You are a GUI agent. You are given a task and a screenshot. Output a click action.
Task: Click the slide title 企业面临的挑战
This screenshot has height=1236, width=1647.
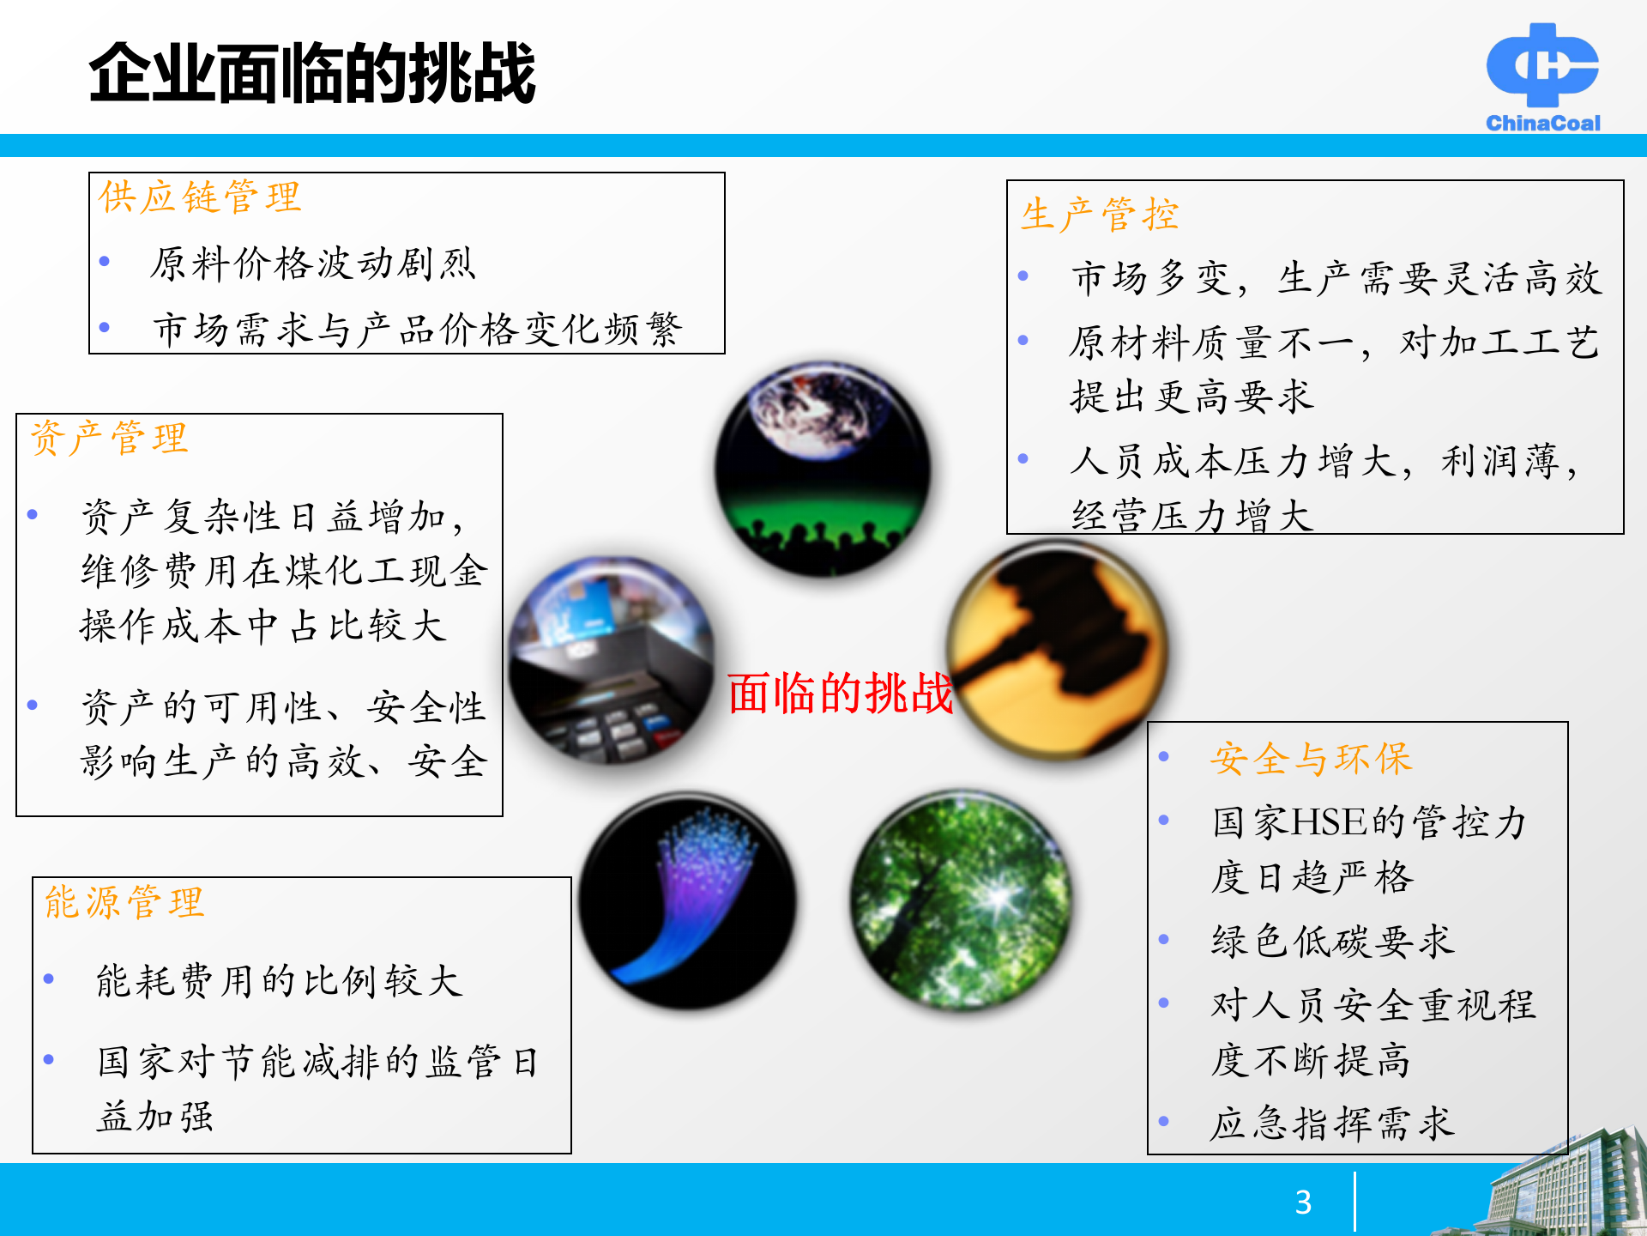point(312,74)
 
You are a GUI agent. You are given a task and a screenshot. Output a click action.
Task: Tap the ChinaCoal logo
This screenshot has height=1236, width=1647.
point(1542,77)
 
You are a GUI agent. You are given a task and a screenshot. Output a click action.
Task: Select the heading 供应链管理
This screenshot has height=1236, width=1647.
point(200,197)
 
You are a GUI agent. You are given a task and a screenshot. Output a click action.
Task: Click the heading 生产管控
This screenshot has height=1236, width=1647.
point(1100,215)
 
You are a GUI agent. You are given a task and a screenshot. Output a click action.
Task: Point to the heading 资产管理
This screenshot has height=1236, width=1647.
point(109,439)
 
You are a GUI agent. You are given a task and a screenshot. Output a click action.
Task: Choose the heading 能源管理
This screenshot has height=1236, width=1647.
point(124,903)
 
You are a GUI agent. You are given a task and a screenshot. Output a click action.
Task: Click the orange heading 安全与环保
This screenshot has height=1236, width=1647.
point(1311,759)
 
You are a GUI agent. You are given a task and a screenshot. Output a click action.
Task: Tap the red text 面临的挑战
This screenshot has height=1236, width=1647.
point(840,693)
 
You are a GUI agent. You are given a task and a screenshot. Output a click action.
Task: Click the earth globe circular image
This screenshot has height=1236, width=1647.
point(823,469)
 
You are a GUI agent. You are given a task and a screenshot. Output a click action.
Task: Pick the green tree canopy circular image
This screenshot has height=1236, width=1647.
point(961,900)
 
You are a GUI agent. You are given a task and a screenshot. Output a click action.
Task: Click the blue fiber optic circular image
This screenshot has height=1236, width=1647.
point(687,900)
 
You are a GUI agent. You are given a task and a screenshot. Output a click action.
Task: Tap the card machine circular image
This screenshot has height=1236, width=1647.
point(611,660)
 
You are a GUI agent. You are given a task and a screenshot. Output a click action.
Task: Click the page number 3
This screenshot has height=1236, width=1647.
point(1303,1202)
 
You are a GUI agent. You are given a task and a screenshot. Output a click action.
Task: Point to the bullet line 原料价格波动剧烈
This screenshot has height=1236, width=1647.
point(312,264)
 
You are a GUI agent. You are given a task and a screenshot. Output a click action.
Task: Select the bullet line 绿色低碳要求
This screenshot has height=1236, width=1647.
point(1332,942)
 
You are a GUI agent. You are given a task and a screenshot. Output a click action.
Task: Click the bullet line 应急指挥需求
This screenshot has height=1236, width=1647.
point(1332,1123)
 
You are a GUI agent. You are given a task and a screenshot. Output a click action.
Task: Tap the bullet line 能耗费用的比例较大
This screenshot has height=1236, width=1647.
point(279,981)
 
